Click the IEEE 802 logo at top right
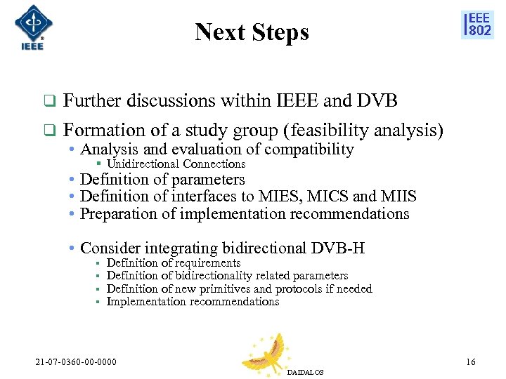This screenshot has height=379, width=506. click(x=477, y=25)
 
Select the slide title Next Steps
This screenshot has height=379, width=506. click(x=252, y=32)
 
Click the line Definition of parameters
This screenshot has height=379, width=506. click(x=162, y=180)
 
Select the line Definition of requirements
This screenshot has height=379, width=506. click(x=173, y=263)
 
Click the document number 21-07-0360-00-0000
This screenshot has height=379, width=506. click(x=76, y=362)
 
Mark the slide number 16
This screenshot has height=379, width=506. click(x=470, y=362)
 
